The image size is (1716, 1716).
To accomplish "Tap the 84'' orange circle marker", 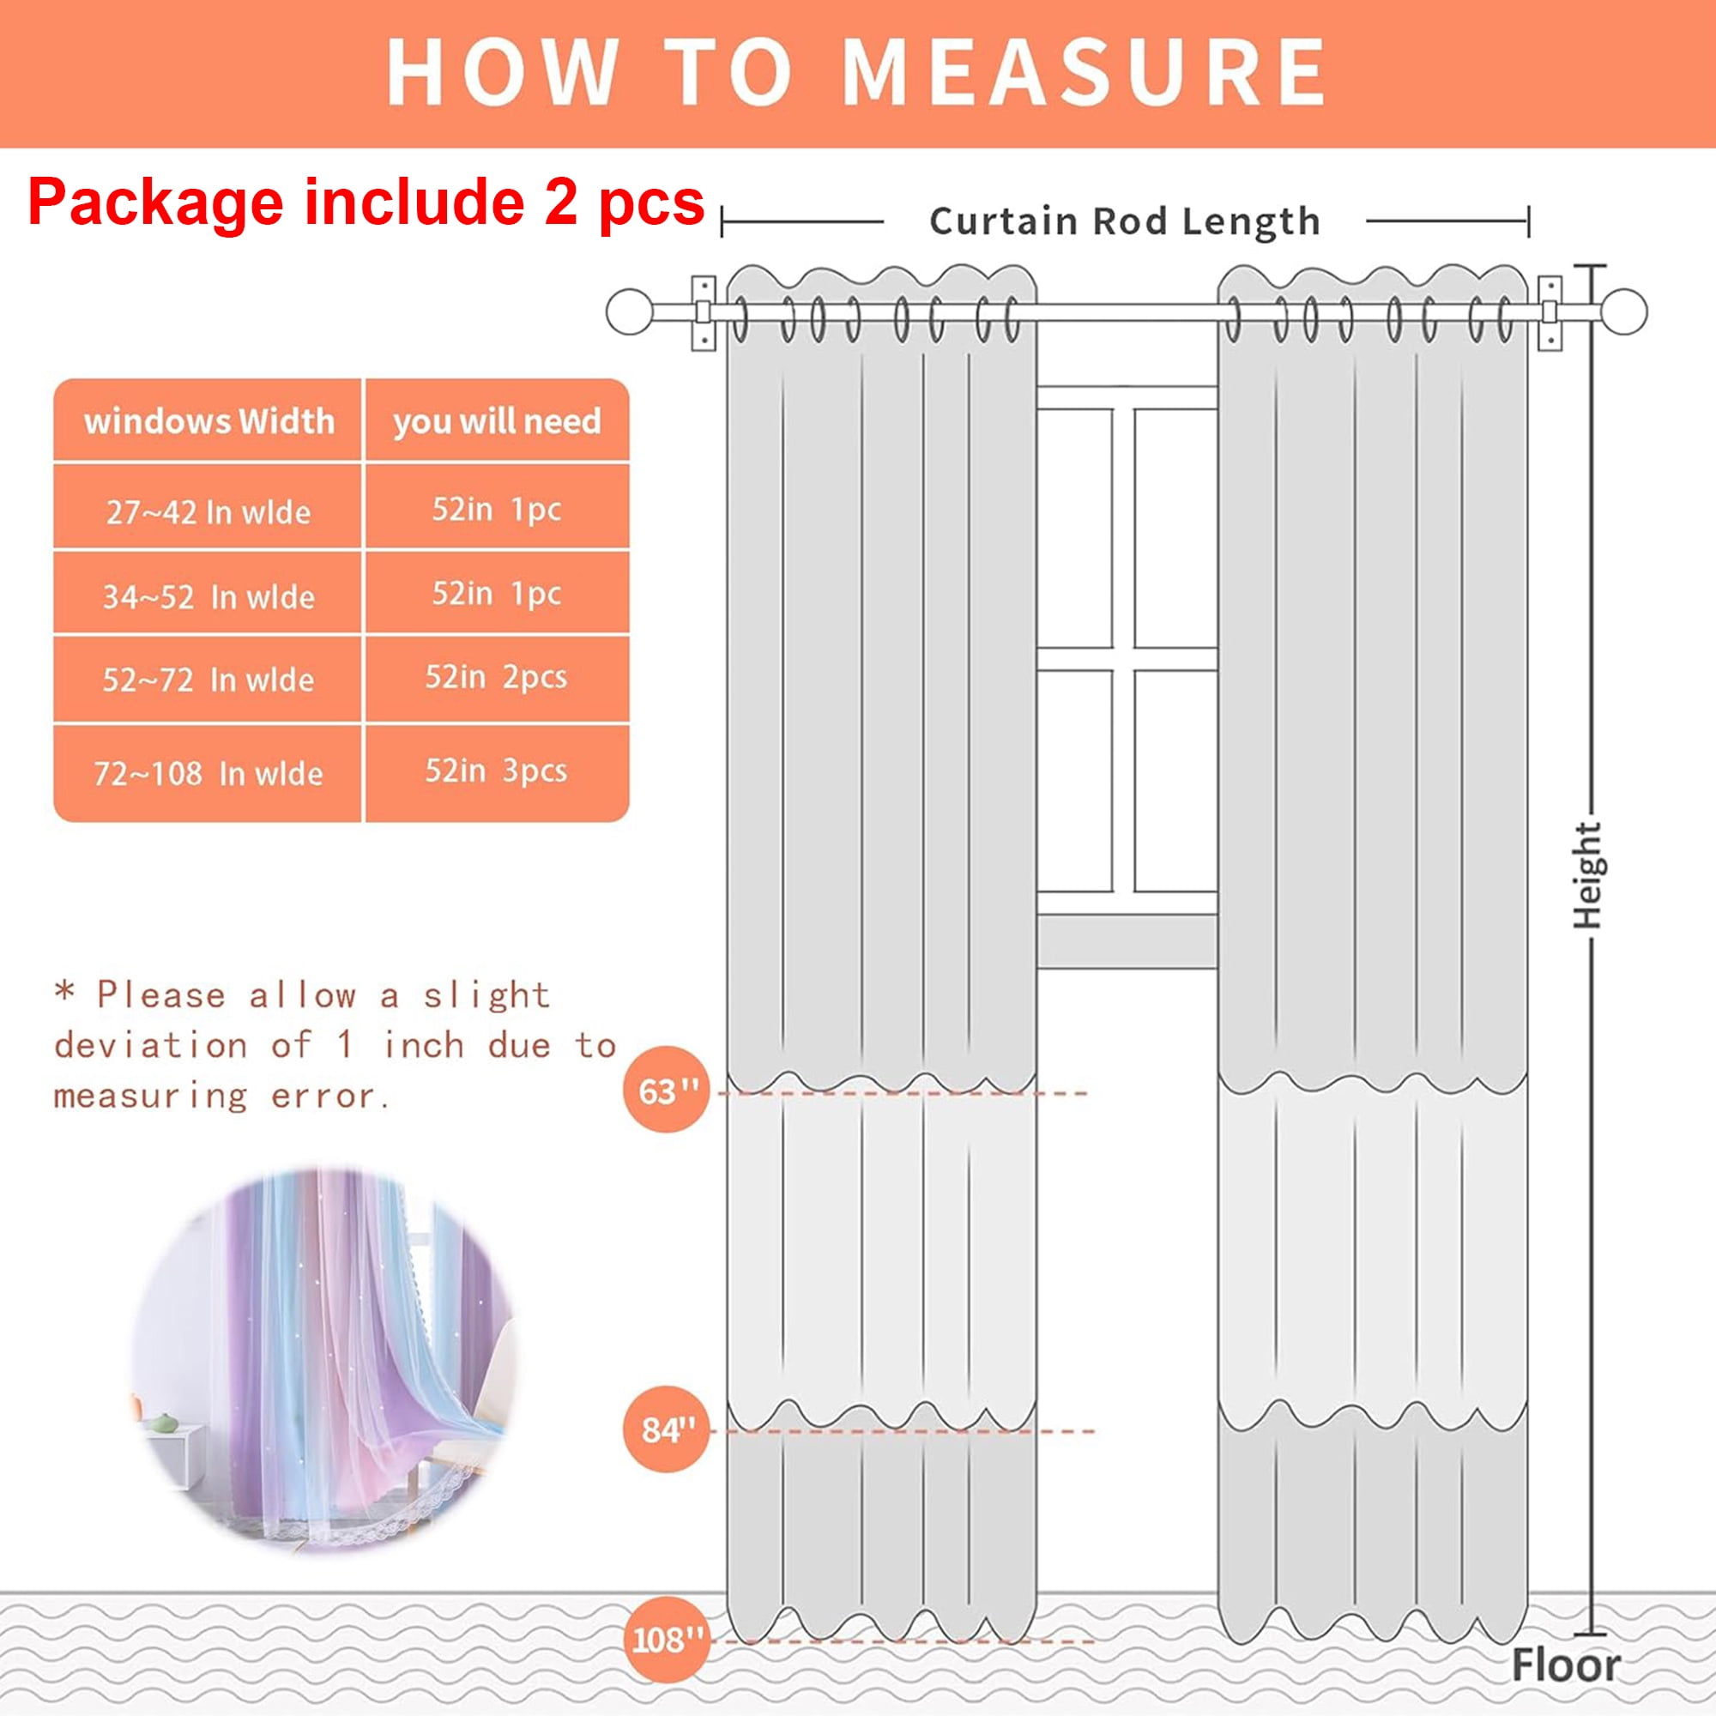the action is pyautogui.click(x=666, y=1429).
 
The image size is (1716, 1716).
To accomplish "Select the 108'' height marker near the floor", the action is pyautogui.click(x=666, y=1639).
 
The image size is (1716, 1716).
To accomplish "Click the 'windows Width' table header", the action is pyautogui.click(x=208, y=421).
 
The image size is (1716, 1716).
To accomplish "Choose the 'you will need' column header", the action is pyautogui.click(x=498, y=421).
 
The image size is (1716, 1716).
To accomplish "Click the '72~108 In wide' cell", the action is pyautogui.click(x=208, y=773).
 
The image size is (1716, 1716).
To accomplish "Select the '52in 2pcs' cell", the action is pyautogui.click(x=498, y=679).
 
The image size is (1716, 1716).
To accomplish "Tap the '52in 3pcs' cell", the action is pyautogui.click(x=498, y=771).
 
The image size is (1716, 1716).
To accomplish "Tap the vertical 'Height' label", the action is pyautogui.click(x=1587, y=875).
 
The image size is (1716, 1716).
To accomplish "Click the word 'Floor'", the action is pyautogui.click(x=1566, y=1665).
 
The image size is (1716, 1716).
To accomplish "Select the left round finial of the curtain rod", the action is pyautogui.click(x=630, y=311).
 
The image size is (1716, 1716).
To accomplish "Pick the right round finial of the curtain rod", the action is pyautogui.click(x=1624, y=311).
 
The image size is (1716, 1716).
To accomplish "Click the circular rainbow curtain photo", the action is pyautogui.click(x=324, y=1363).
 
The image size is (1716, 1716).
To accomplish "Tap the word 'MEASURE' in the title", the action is pyautogui.click(x=1083, y=73).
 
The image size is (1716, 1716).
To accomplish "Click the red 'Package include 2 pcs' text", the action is pyautogui.click(x=366, y=202).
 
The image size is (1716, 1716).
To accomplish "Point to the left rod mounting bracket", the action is pyautogui.click(x=704, y=312).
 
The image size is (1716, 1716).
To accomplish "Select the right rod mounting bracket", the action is pyautogui.click(x=1550, y=312).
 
